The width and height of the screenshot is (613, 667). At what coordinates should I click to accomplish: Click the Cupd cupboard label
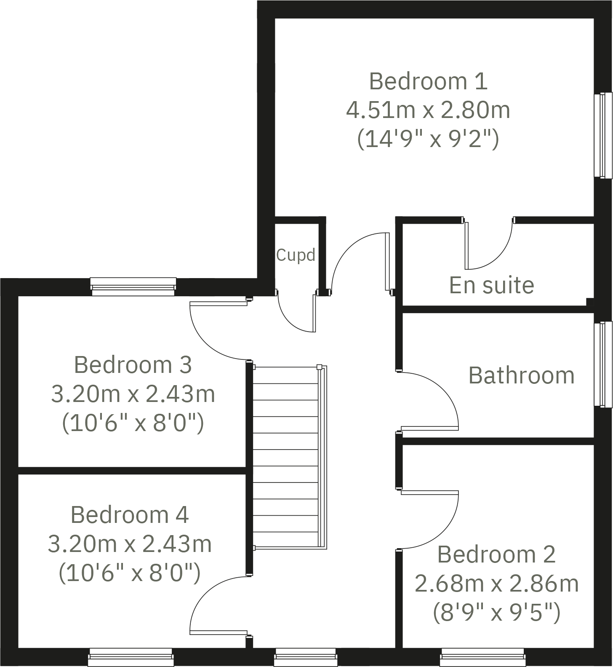296,255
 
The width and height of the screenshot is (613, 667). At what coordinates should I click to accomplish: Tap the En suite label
491,285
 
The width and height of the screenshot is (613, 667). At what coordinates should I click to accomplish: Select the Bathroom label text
521,375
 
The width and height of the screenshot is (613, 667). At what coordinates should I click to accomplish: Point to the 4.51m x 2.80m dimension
428,110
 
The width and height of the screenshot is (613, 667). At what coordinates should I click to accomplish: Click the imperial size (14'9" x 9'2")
428,139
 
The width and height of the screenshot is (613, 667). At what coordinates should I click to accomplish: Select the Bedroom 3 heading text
133,364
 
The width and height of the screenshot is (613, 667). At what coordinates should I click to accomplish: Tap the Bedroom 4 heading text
130,514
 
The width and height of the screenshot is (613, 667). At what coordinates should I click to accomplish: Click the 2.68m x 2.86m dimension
497,584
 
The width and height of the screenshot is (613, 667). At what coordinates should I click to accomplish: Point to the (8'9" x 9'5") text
497,612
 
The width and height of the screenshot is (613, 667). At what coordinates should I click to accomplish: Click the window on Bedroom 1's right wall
602,135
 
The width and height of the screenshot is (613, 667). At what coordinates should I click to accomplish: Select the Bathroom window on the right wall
602,364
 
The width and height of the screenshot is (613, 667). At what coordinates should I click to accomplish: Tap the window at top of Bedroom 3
133,287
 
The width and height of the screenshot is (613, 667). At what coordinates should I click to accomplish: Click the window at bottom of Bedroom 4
131,657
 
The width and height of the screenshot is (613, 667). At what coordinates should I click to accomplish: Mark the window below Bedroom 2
483,657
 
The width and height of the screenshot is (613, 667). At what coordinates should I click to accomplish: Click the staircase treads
285,457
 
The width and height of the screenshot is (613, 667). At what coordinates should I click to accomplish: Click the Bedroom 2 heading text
497,554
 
